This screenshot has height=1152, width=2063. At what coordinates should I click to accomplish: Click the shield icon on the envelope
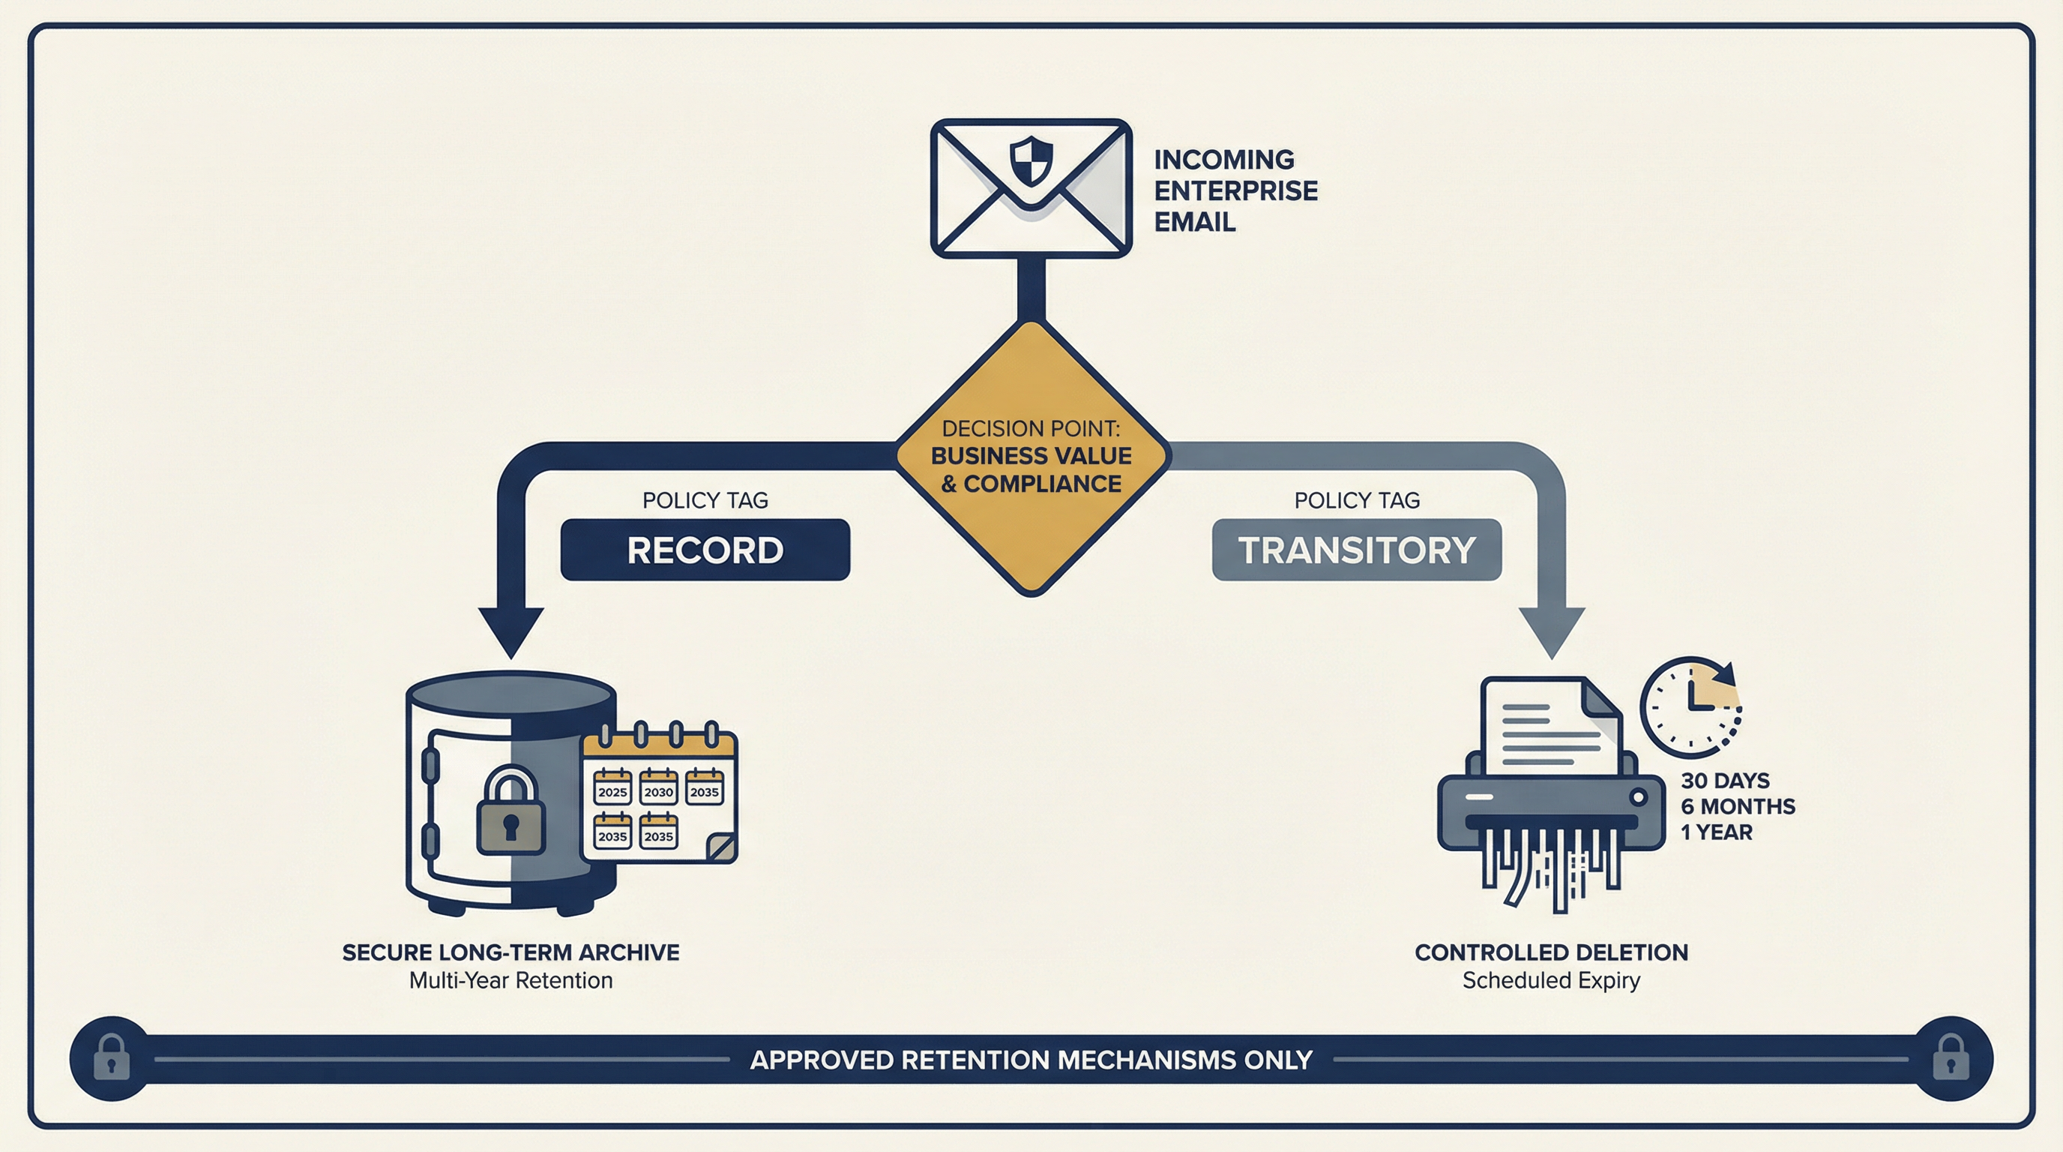click(1031, 160)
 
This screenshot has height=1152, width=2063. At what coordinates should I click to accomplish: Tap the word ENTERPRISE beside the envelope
click(1235, 190)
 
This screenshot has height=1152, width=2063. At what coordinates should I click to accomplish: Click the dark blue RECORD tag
click(705, 550)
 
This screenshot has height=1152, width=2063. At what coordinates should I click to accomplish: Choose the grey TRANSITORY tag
click(1356, 550)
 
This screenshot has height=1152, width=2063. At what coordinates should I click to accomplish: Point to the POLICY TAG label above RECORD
click(705, 500)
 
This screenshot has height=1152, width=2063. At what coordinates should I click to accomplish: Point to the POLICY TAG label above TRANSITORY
click(1356, 500)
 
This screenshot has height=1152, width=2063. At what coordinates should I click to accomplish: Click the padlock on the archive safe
click(511, 813)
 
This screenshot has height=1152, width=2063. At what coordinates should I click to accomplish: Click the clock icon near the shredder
click(1690, 707)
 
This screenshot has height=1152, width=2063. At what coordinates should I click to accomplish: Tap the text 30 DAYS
click(1724, 780)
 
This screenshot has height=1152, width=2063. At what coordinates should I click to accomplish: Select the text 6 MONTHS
click(1737, 806)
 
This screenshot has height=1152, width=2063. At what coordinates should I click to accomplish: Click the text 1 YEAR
click(1715, 832)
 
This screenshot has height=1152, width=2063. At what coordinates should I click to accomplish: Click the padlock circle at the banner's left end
click(111, 1058)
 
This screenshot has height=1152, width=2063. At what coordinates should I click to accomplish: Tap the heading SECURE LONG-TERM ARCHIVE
click(511, 952)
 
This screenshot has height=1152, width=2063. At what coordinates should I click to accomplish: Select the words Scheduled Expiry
click(1550, 979)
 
